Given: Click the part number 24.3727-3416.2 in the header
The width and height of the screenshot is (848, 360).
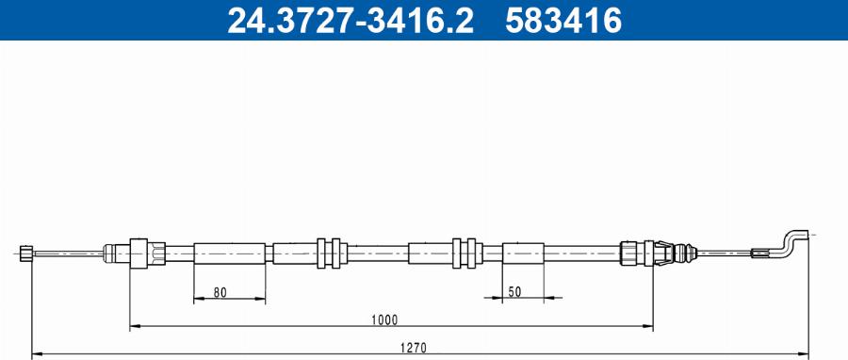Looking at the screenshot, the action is pyautogui.click(x=350, y=21).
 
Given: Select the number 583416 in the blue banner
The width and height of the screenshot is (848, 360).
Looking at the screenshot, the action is pyautogui.click(x=563, y=21).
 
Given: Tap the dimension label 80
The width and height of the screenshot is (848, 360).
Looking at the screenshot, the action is pyautogui.click(x=220, y=293).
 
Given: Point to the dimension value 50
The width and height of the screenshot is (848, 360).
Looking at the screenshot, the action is pyautogui.click(x=514, y=292).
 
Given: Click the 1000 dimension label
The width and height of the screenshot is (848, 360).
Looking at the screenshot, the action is pyautogui.click(x=384, y=320).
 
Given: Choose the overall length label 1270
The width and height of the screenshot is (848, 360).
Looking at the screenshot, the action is pyautogui.click(x=414, y=348).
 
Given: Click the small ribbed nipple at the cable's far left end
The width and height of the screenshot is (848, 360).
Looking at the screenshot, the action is pyautogui.click(x=26, y=253).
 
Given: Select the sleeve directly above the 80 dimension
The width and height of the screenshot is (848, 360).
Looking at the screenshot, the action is pyautogui.click(x=230, y=254).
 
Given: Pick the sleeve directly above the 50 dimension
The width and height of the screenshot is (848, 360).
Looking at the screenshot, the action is pyautogui.click(x=523, y=253).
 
